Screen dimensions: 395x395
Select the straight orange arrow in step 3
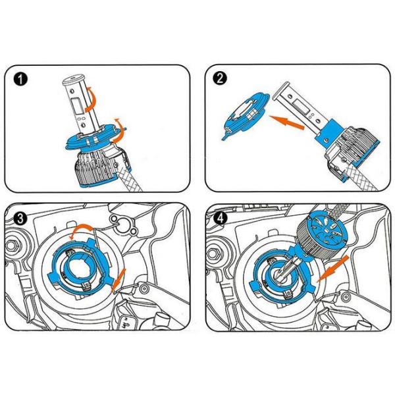(x=118, y=281)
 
